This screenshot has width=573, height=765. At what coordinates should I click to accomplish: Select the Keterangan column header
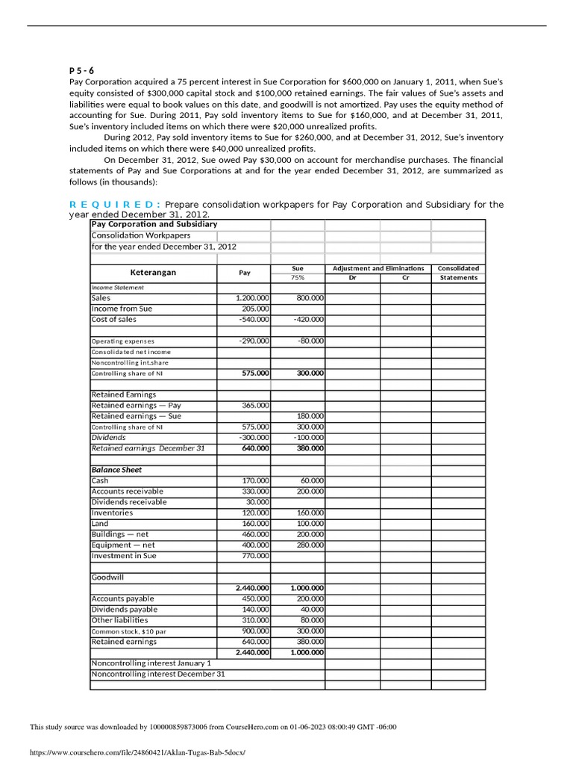tap(153, 273)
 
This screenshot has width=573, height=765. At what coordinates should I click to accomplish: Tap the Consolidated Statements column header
tap(458, 273)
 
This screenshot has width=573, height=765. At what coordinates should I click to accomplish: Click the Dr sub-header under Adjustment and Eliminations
tap(352, 278)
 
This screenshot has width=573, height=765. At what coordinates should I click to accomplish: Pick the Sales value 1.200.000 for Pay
tap(252, 298)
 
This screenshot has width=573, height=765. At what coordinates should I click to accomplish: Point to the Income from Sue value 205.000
tap(256, 309)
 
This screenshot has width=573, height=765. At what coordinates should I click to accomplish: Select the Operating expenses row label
tap(123, 341)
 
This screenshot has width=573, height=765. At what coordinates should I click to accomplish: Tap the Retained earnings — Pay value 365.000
tap(256, 405)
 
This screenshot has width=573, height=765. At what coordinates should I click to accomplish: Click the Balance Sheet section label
tap(116, 470)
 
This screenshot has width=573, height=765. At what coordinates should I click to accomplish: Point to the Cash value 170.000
tap(256, 481)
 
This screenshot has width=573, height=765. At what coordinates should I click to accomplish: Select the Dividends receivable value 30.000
tap(258, 502)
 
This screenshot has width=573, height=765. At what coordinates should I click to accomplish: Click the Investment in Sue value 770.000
tap(256, 556)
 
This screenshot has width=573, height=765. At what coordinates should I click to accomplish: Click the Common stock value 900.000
tap(256, 631)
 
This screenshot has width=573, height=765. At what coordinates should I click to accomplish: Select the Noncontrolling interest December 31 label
tap(157, 674)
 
